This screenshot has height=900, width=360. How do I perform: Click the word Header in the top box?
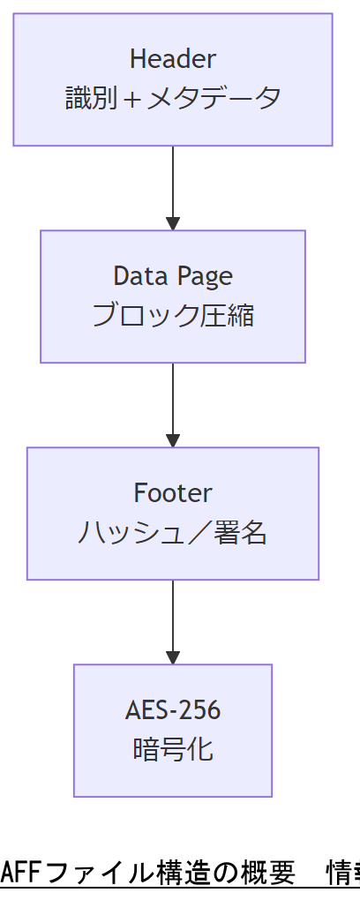coord(173,59)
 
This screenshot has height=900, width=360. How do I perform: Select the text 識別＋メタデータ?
coord(173,97)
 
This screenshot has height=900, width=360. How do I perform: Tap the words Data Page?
coord(173,276)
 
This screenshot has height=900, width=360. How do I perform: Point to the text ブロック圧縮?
coord(173,315)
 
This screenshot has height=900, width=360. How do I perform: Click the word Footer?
coord(173,492)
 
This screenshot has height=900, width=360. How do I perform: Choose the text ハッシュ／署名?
coord(173,532)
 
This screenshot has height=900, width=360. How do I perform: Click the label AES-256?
coord(173,709)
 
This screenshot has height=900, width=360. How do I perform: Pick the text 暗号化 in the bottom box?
coord(173,749)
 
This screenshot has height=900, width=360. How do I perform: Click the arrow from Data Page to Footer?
coord(173,400)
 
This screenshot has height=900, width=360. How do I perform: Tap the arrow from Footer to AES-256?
coord(173,617)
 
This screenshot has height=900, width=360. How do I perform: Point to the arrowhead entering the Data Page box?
coord(173,223)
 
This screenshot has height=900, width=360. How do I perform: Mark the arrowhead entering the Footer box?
coord(173,440)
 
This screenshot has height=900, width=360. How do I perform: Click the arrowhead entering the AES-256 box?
coord(173,657)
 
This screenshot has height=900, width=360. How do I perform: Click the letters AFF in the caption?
coord(21,873)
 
